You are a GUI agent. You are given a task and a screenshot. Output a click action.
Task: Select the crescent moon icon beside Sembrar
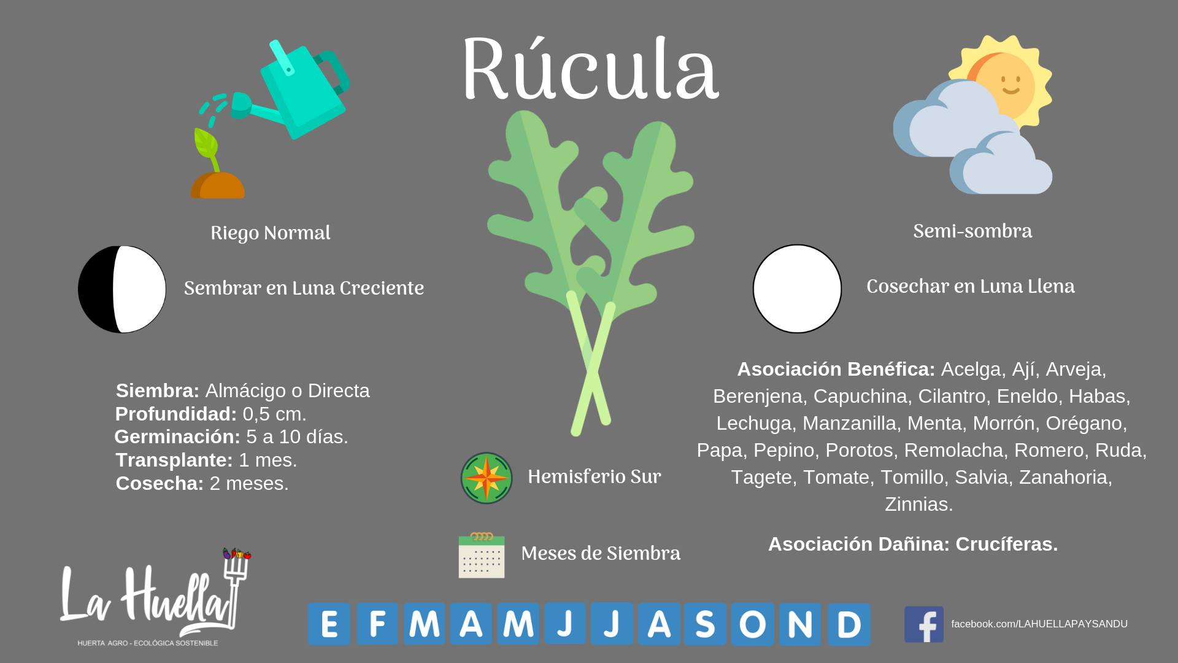tap(122, 289)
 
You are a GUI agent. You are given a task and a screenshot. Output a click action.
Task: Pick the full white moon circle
tap(797, 289)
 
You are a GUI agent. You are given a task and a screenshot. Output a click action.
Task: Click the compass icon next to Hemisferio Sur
tap(487, 478)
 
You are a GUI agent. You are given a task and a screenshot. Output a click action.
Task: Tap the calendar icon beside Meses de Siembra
tap(482, 556)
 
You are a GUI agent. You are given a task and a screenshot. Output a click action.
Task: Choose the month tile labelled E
tap(329, 624)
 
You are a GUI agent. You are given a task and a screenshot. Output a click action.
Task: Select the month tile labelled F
tap(377, 624)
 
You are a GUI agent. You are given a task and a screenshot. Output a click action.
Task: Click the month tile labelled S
tap(706, 624)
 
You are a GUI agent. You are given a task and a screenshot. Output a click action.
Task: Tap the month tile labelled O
tap(753, 624)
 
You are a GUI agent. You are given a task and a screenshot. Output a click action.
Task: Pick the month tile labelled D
tap(849, 624)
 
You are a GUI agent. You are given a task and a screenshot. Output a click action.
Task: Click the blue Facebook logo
tap(923, 624)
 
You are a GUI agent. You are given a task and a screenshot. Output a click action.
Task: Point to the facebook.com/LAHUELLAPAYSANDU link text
tap(1039, 624)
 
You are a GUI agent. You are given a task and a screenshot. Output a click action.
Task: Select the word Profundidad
tap(176, 414)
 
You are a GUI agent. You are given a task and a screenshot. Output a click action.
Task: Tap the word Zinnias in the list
tap(918, 504)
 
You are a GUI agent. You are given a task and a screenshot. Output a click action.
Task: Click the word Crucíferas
tap(1006, 544)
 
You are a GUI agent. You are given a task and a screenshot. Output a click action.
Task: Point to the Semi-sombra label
tap(972, 231)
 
